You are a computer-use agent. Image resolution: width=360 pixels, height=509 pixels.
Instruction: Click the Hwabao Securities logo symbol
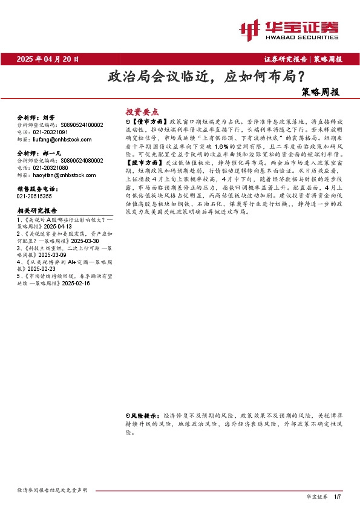point(249,28)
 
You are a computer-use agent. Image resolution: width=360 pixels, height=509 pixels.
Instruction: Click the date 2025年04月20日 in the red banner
point(48,59)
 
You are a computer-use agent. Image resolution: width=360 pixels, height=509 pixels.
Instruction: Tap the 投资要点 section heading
point(142,112)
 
